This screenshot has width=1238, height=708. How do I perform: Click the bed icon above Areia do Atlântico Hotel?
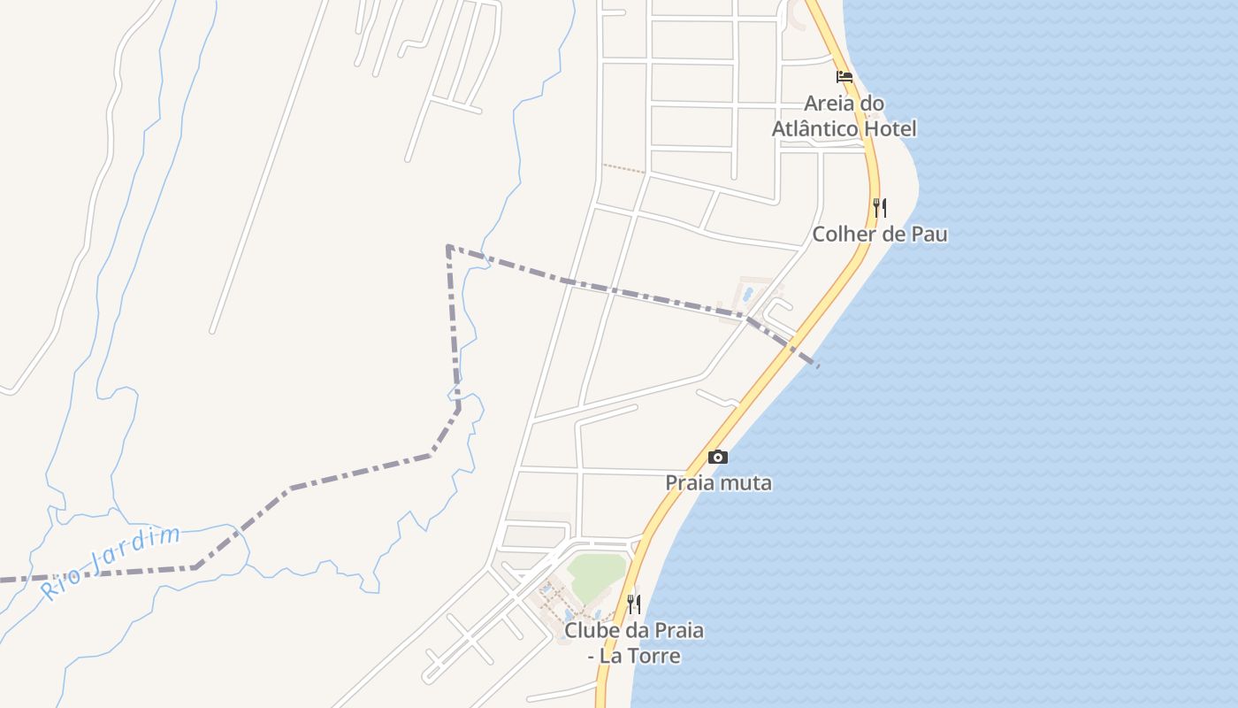pyautogui.click(x=844, y=77)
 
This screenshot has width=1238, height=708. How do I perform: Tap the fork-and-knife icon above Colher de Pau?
pyautogui.click(x=880, y=208)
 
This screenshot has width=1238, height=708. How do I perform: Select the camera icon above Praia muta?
pyautogui.click(x=718, y=457)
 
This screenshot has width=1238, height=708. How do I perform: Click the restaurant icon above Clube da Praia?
pyautogui.click(x=634, y=604)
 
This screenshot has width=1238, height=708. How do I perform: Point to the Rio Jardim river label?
pyautogui.click(x=111, y=562)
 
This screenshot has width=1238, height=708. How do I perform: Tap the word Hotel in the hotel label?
pyautogui.click(x=890, y=128)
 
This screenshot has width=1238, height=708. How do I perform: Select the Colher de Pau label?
pyautogui.click(x=880, y=235)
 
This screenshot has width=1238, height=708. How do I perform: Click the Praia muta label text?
pyautogui.click(x=718, y=483)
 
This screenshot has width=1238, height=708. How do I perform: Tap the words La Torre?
pyautogui.click(x=640, y=656)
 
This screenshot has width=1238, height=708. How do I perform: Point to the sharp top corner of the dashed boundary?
pyautogui.click(x=449, y=246)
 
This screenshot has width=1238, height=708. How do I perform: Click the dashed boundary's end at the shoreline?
pyautogui.click(x=817, y=365)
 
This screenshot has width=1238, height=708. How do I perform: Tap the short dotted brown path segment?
pyautogui.click(x=624, y=168)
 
